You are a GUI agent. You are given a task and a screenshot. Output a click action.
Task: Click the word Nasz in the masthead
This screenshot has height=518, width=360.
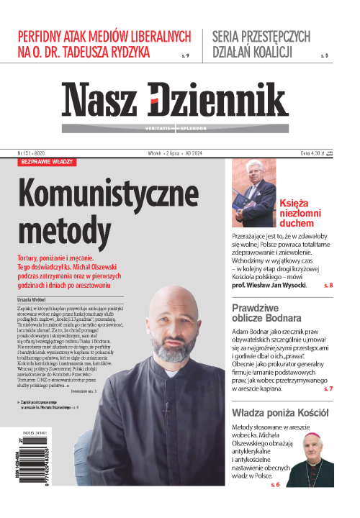[101, 101]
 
